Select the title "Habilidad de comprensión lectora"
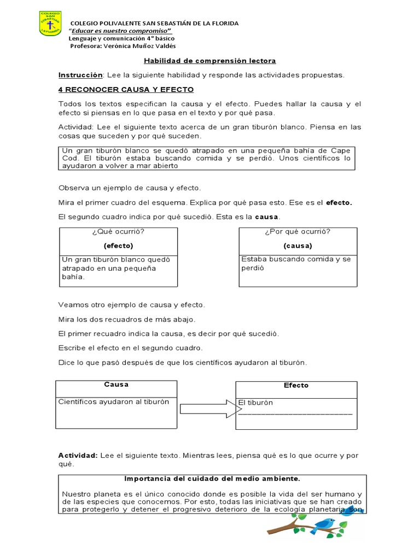[209, 61]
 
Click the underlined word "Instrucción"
[80, 75]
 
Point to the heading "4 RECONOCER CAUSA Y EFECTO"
[126, 89]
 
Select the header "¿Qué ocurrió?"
[119, 231]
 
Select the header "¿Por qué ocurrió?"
[297, 231]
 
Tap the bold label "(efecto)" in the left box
[119, 246]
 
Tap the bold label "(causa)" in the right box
[297, 246]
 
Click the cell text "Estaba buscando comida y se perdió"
[295, 264]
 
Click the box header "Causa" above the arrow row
[116, 384]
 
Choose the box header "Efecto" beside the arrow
[296, 386]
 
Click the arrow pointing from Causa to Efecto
[206, 409]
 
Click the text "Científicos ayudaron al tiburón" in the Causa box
[114, 402]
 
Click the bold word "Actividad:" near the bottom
[77, 455]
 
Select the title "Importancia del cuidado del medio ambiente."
[212, 479]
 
